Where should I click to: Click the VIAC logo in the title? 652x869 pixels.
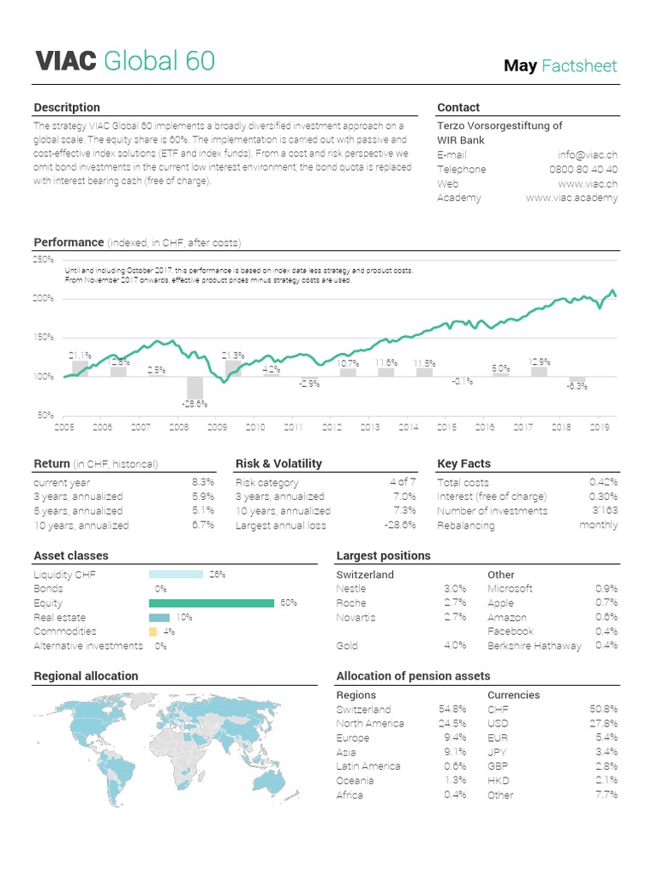65,61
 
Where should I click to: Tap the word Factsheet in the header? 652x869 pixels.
580,65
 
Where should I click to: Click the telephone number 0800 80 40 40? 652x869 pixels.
584,169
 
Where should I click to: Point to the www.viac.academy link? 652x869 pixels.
572,198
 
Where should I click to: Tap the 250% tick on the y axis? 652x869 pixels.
43,260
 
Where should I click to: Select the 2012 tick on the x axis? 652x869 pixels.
332,428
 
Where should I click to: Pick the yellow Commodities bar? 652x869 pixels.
153,631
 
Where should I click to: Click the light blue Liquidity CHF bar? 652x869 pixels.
176,575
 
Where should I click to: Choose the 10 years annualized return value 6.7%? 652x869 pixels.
203,525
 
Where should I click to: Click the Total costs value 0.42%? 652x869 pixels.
604,482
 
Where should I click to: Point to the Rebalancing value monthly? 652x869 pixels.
599,525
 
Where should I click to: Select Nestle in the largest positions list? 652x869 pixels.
351,588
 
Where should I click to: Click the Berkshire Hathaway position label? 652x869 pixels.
535,646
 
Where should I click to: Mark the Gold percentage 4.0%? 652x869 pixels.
455,645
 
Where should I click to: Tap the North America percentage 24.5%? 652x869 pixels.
452,723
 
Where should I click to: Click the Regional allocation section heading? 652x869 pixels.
86,676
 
